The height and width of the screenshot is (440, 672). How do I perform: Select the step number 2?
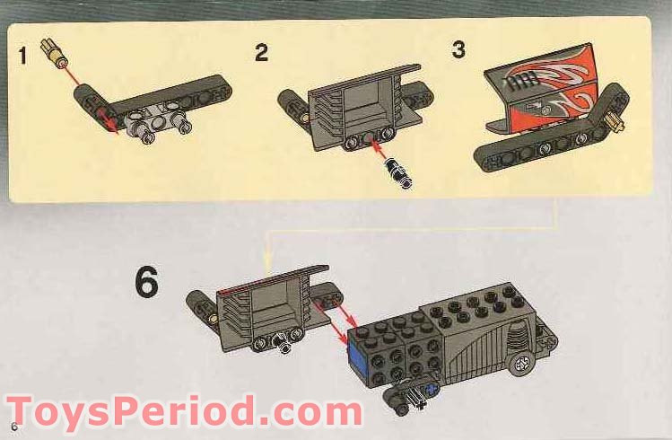[x=261, y=53]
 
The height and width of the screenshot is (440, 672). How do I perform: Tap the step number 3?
[x=458, y=49]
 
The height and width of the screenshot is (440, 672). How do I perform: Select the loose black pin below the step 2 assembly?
[x=398, y=172]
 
